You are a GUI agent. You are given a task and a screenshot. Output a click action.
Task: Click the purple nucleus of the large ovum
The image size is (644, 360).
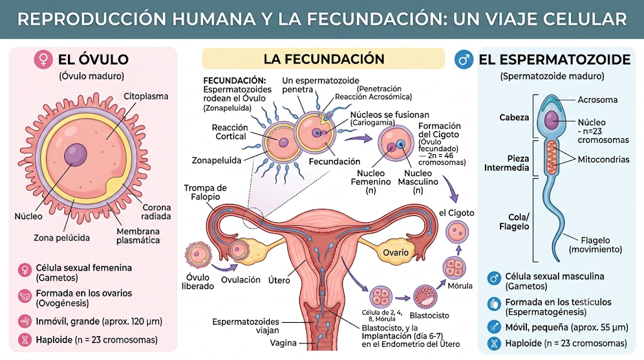tap(75, 155)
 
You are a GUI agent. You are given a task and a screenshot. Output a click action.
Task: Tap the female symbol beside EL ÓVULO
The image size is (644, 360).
tap(43, 59)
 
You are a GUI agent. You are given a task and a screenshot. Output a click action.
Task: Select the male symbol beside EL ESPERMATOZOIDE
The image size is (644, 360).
tap(464, 60)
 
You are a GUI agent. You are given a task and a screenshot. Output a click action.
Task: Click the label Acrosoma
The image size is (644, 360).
tap(597, 99)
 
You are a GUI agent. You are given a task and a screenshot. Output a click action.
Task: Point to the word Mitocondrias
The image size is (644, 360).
tap(603, 159)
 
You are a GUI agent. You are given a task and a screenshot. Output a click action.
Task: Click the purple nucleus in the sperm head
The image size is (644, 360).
tap(552, 120)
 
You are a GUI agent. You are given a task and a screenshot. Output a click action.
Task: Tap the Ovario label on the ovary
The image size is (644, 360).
tap(396, 252)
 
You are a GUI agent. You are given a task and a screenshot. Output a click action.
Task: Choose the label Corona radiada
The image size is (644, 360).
tap(156, 211)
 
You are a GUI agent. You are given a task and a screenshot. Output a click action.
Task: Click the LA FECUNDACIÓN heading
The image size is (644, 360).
tap(324, 59)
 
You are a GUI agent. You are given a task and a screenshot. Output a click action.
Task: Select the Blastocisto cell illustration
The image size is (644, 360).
tap(425, 296)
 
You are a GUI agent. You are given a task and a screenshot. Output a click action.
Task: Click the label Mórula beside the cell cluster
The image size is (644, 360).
tap(460, 286)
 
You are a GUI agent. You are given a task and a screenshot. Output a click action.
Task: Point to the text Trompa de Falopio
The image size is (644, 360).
tap(205, 192)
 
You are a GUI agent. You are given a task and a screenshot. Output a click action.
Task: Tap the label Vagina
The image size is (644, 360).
tap(283, 343)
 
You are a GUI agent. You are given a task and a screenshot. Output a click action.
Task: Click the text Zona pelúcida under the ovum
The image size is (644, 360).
tap(62, 237)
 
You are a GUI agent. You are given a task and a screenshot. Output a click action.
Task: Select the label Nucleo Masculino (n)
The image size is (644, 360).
tap(418, 182)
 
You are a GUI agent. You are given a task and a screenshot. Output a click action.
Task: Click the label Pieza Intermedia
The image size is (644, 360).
tap(506, 163)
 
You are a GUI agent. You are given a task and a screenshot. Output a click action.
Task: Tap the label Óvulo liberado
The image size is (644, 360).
tap(198, 281)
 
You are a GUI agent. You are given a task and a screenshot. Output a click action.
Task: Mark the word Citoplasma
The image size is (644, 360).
tap(146, 96)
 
